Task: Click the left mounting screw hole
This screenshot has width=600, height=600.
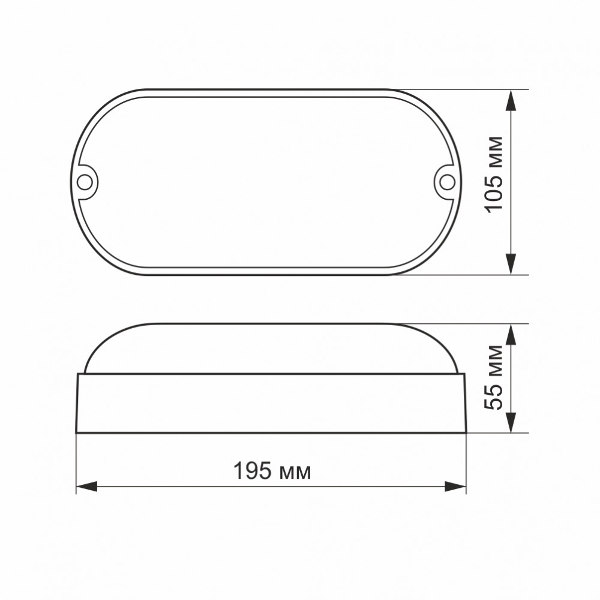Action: (85, 182)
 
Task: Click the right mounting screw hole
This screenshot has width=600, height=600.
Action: (446, 182)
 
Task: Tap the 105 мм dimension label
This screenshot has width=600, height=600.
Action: (493, 174)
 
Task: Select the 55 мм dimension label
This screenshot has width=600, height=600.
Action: (493, 377)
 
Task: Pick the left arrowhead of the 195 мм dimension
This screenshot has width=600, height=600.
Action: (87, 487)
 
